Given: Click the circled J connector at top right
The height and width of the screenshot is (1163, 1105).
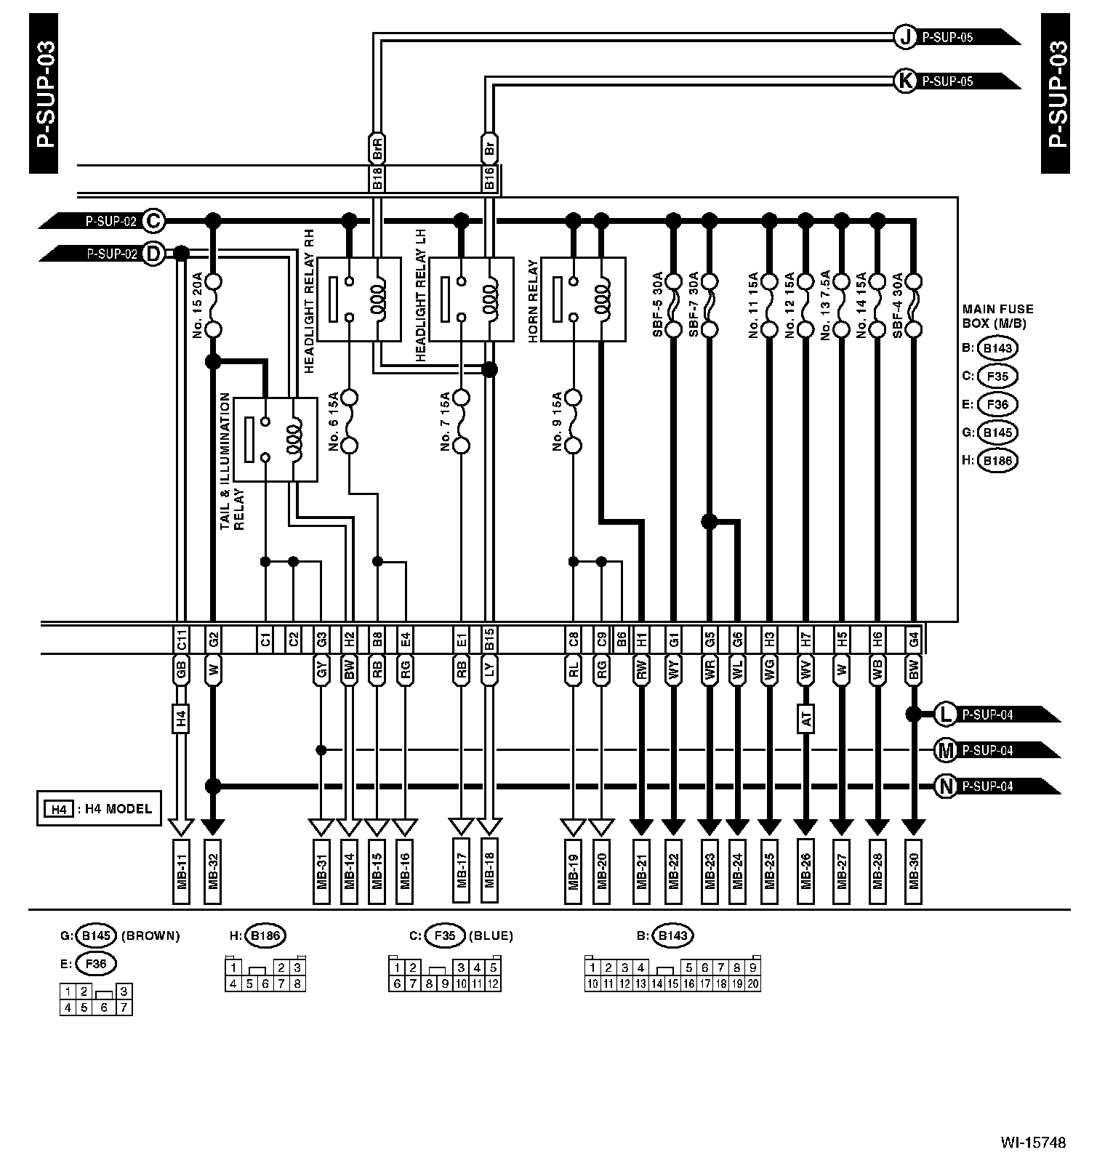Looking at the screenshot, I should click(x=905, y=37).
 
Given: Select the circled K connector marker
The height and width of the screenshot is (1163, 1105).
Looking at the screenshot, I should click(x=905, y=81).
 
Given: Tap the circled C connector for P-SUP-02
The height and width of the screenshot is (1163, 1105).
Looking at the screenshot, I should click(x=153, y=220).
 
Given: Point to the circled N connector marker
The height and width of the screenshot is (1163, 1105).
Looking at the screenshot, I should click(x=944, y=786).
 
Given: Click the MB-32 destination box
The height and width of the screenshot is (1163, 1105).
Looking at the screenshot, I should click(x=213, y=872).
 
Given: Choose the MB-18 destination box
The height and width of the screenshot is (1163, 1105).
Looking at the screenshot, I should click(x=489, y=872).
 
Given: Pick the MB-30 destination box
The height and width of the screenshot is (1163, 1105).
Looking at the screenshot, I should click(x=914, y=872).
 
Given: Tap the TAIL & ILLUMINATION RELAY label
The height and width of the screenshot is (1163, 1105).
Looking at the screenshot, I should click(x=232, y=462).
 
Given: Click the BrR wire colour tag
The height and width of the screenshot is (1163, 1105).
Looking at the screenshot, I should click(x=377, y=148).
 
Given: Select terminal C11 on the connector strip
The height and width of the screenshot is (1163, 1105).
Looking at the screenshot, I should click(x=181, y=640).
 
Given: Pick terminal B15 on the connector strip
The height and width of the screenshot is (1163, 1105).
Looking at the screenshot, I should click(x=489, y=640).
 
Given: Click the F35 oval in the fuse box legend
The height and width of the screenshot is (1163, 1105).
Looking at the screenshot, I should click(x=997, y=377).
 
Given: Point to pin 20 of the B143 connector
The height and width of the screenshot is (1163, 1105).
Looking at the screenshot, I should click(x=753, y=983).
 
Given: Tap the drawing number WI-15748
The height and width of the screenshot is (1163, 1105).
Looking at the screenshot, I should click(x=1032, y=1143).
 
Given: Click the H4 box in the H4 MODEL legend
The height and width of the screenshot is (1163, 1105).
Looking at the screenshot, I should click(x=58, y=809).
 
